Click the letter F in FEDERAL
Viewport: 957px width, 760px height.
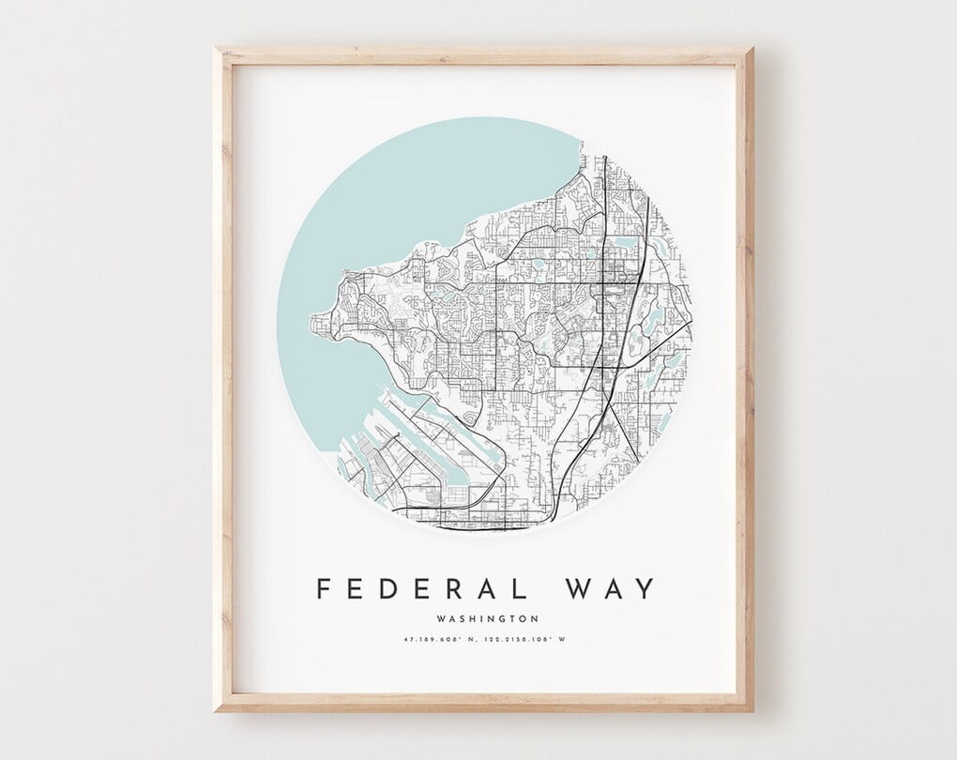[324, 588]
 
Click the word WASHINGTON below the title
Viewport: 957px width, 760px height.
[488, 618]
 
